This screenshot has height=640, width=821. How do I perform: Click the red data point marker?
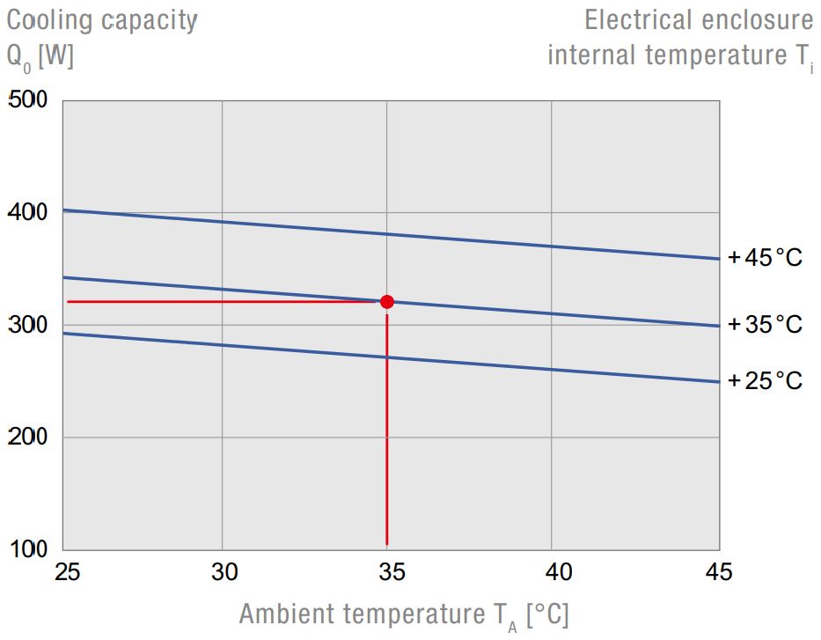click(x=386, y=302)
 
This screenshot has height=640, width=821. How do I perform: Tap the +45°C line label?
click(x=765, y=259)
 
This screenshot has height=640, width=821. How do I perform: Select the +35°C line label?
click(x=765, y=325)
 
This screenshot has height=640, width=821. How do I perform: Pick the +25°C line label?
click(x=765, y=381)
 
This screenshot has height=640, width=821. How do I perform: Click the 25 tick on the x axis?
click(x=67, y=572)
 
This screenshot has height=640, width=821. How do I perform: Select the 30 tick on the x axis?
click(x=224, y=572)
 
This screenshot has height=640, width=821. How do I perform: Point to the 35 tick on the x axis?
click(x=387, y=572)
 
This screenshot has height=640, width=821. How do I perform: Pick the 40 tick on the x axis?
click(x=553, y=572)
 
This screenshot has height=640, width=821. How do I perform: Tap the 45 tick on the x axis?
click(x=718, y=572)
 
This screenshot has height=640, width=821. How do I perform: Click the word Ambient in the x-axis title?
click(x=287, y=614)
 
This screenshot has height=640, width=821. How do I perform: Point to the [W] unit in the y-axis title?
click(x=56, y=55)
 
